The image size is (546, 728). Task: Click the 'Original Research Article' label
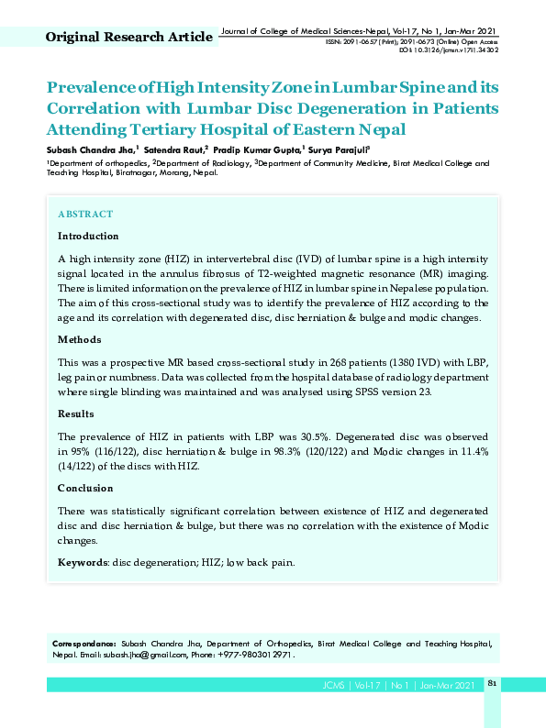[128, 38]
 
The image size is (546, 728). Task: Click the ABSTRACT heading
[85, 214]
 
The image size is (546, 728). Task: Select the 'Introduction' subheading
[88, 236]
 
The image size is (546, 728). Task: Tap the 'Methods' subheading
[80, 339]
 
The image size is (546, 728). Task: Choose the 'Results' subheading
[76, 414]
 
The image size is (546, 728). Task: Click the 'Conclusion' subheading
[85, 488]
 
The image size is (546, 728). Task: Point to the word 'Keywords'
[83, 562]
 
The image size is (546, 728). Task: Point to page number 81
[492, 684]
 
